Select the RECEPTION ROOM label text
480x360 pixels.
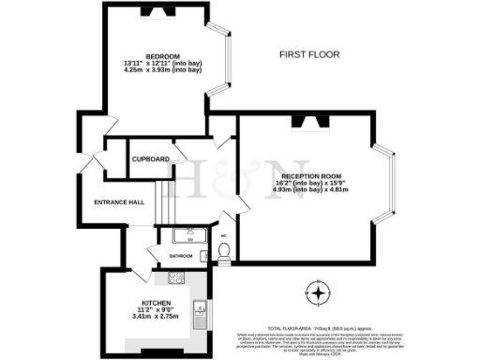[x=309, y=174]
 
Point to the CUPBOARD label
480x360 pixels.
[x=150, y=159]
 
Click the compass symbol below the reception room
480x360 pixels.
[x=322, y=293]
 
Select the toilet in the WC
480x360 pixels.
[x=222, y=251]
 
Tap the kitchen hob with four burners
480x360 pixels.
[x=175, y=277]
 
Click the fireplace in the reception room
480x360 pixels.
[x=308, y=119]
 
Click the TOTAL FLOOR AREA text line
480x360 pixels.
[x=312, y=317]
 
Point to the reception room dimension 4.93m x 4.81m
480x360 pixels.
[x=309, y=189]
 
